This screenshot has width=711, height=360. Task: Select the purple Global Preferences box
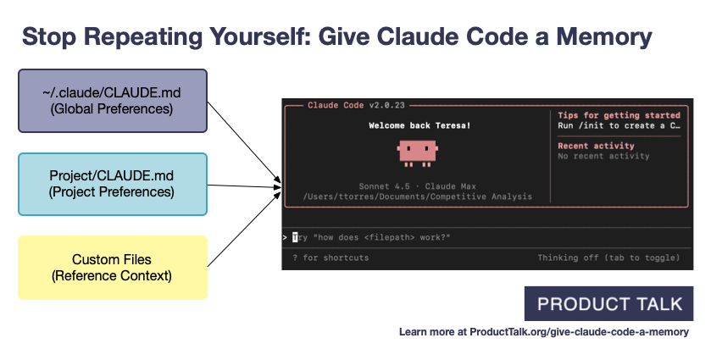click(112, 101)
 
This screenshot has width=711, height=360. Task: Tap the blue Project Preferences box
click(112, 184)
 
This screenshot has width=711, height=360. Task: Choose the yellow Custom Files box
click(112, 267)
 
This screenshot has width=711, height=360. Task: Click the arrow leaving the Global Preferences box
click(246, 141)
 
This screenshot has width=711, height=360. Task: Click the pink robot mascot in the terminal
click(416, 152)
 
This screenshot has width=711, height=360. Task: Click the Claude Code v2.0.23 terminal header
click(356, 105)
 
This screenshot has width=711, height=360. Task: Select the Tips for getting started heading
click(619, 115)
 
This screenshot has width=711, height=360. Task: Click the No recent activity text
click(603, 156)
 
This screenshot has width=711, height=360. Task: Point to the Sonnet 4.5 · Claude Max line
click(417, 185)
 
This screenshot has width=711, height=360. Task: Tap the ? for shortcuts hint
click(331, 258)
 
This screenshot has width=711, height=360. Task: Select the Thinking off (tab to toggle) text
click(608, 258)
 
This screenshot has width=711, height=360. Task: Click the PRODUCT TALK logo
click(608, 304)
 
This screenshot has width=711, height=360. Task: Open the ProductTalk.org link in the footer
click(543, 333)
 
